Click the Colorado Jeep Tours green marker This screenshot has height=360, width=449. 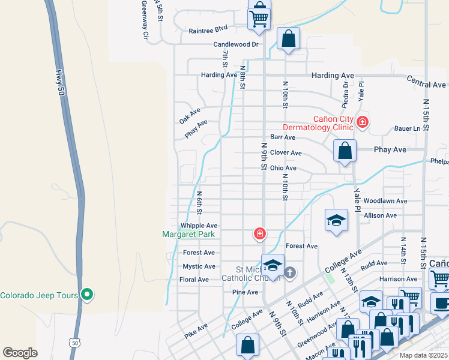coord(86,295)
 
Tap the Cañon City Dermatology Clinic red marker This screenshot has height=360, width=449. coord(362,122)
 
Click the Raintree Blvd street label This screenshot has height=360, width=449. coord(208,29)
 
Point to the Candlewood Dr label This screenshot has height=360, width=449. coord(236,44)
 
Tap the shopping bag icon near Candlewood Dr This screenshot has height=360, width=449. coord(288,40)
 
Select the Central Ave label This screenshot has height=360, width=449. coord(426,79)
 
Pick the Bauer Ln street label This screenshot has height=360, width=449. coord(408,128)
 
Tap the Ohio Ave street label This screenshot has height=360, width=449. coord(283,168)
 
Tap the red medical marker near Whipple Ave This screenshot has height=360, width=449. coord(260,233)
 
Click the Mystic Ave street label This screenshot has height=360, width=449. coord(199,266)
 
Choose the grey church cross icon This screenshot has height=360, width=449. coord(289,274)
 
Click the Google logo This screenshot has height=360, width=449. coord(20,353)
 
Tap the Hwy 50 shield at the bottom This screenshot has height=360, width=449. coord(74,342)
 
